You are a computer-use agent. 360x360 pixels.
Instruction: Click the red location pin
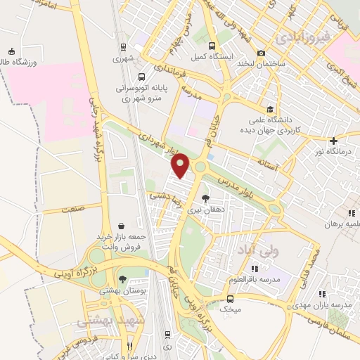pos(181,165)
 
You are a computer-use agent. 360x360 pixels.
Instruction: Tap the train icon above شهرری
pos(123,47)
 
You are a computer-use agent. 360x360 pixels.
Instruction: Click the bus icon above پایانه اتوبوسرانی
pos(142,77)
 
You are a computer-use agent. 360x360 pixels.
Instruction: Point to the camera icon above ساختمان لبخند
pos(262,53)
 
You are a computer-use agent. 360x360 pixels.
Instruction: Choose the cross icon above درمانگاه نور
pos(333,141)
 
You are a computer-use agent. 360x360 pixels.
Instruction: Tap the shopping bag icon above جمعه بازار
pos(123,226)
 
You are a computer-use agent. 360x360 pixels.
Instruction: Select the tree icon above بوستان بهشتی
pos(123,279)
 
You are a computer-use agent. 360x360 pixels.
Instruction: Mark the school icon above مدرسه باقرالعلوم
pos(255,268)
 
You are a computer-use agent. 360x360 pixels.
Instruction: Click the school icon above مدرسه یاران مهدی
pos(321,294)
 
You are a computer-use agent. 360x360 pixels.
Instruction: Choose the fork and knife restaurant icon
pos(130,346)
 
